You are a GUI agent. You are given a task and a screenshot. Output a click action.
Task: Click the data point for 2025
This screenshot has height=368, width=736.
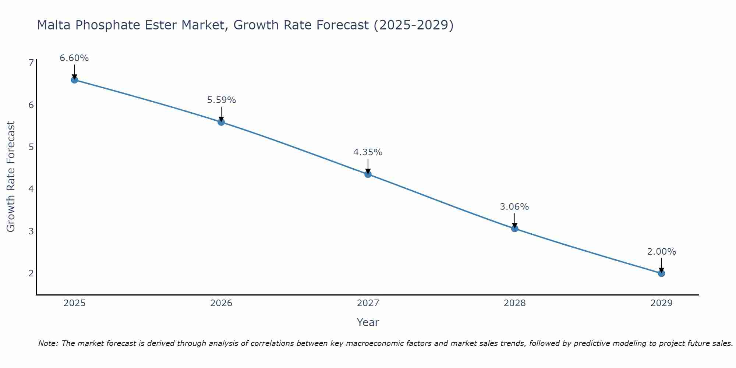[74, 80]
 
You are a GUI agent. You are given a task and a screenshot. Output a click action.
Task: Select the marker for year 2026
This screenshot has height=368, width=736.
[221, 122]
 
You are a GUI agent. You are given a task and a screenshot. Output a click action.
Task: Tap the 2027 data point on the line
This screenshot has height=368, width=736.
[368, 174]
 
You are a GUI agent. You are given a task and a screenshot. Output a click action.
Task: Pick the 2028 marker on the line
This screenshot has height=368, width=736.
[514, 229]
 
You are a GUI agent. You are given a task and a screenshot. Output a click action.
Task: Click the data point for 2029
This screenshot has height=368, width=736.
[661, 273]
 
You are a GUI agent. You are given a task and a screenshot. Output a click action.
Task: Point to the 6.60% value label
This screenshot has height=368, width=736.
[74, 58]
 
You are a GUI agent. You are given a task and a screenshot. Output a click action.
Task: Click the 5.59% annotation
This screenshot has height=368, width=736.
[221, 100]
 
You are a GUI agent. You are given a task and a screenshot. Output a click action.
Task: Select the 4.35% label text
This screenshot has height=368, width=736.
[368, 152]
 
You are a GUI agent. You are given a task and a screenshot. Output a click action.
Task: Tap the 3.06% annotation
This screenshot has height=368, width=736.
[514, 207]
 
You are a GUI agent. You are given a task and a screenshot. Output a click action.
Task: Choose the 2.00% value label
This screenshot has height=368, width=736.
[661, 252]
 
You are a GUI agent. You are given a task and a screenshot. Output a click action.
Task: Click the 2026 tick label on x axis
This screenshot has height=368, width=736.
[221, 303]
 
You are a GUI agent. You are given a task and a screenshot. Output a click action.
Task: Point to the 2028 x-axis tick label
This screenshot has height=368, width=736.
[514, 303]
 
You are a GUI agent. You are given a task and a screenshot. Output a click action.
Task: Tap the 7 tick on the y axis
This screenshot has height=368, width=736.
[31, 63]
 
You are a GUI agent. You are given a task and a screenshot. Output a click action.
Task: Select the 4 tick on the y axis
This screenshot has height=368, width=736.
[31, 189]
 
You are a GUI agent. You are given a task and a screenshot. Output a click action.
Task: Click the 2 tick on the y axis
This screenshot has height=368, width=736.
[31, 273]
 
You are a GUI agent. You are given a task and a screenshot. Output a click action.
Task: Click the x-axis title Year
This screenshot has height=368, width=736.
[368, 322]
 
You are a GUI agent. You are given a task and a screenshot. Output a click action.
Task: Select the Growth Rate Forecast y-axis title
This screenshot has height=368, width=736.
[11, 177]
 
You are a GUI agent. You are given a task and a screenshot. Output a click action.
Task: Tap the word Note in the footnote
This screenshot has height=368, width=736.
[48, 343]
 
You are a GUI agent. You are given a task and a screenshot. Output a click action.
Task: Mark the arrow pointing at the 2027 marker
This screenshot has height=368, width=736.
[368, 166]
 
